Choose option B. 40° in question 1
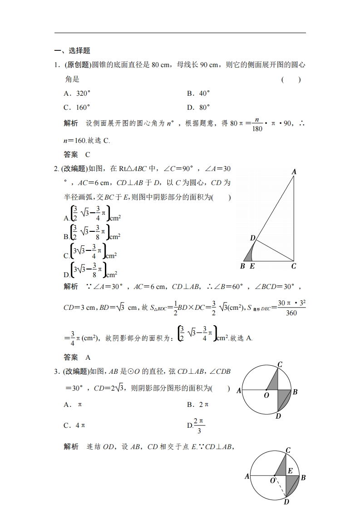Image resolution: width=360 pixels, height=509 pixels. coord(198,93)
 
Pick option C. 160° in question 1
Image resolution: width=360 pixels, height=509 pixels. coord(77,108)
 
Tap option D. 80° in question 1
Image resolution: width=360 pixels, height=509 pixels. coord(198,108)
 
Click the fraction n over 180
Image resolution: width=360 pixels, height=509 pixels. coord(257,124)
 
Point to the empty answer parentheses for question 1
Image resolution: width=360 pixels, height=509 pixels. coord(291,80)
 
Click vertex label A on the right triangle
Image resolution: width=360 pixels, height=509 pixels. coord(294,171)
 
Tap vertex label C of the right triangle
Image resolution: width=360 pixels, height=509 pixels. coord(294,266)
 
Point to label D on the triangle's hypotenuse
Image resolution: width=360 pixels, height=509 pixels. coord(252,238)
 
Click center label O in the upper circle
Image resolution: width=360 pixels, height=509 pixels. coord(267,396)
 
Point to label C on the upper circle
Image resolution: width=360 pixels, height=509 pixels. coord(280,364)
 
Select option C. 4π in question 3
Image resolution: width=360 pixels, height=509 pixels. coord(75,426)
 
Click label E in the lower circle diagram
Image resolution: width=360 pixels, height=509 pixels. coord(290,471)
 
